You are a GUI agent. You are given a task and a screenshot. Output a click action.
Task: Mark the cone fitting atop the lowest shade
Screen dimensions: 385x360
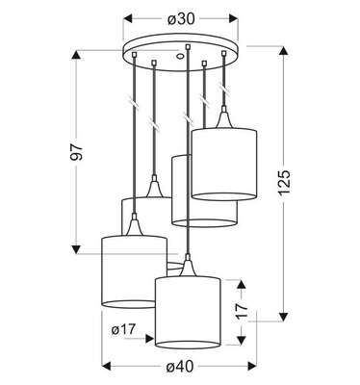pos(188,265)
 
